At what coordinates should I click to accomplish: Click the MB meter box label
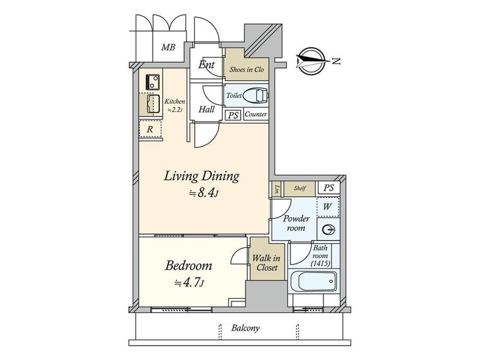[169, 47]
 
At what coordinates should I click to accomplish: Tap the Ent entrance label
[206, 65]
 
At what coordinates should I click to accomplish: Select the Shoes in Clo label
[246, 69]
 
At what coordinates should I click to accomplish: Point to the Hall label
[206, 109]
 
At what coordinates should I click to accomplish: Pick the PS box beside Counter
[233, 115]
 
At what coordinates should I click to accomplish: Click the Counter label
[256, 114]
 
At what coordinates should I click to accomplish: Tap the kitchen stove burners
[153, 82]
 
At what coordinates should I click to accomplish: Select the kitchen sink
[153, 104]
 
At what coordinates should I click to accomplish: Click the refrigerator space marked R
[150, 129]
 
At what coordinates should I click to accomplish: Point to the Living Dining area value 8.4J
[203, 193]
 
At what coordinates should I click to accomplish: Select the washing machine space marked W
[328, 207]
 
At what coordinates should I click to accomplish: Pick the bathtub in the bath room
[313, 281]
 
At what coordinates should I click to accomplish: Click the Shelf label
[299, 188]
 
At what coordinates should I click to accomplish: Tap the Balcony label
[246, 328]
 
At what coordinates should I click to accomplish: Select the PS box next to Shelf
[329, 187]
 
